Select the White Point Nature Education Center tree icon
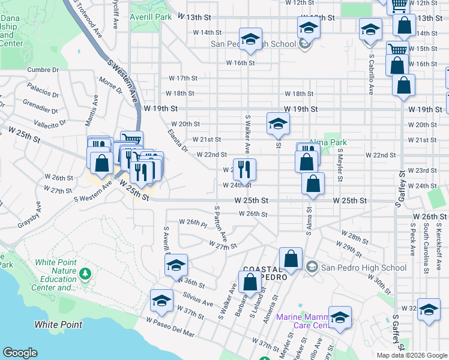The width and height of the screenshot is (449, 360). coord(85,274)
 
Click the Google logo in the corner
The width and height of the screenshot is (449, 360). coord(20,353)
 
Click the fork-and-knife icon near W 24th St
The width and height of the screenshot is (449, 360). coord(244,169)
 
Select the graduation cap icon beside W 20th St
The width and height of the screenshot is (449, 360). coord(277,124)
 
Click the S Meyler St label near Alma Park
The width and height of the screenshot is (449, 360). coord(340,166)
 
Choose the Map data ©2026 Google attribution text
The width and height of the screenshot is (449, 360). coord(411,355)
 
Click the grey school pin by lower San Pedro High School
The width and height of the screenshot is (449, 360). coord(312,266)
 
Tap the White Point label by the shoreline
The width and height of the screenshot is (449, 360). coord(58,325)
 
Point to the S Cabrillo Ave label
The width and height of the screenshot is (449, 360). coord(371,77)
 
